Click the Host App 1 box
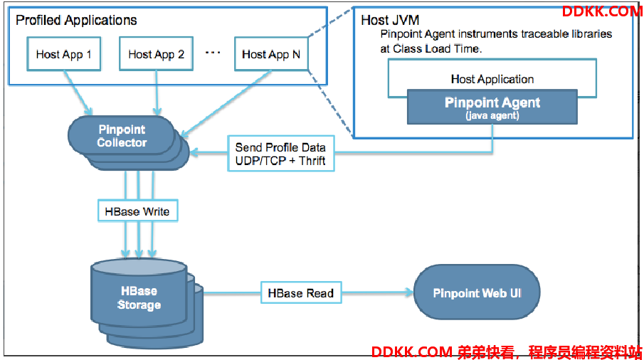click(x=63, y=54)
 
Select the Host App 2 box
click(x=156, y=54)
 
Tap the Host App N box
click(x=271, y=54)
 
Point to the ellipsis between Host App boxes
click(x=213, y=53)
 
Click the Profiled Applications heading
click(x=76, y=20)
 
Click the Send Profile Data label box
click(x=281, y=154)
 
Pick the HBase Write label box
click(x=137, y=211)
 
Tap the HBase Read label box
click(x=301, y=292)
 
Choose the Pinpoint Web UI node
click(x=477, y=292)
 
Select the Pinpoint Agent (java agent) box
click(x=492, y=107)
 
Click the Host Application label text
click(x=492, y=79)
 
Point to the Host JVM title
click(x=390, y=20)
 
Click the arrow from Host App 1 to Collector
click(x=78, y=92)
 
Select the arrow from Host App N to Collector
click(x=226, y=104)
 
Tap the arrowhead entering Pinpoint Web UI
click(x=409, y=292)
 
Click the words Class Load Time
click(x=436, y=49)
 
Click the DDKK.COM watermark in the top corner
click(x=602, y=11)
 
